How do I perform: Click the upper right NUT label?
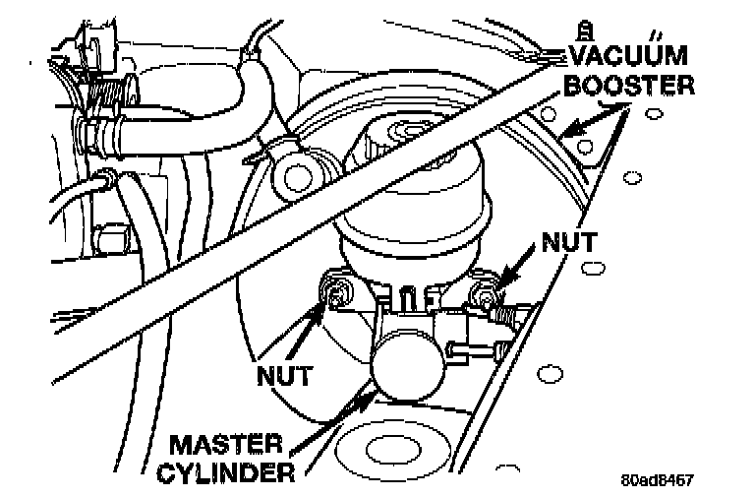click(x=569, y=241)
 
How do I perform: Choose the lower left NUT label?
click(x=285, y=375)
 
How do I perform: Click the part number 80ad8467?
click(x=658, y=481)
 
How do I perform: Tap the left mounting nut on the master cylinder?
click(x=335, y=292)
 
